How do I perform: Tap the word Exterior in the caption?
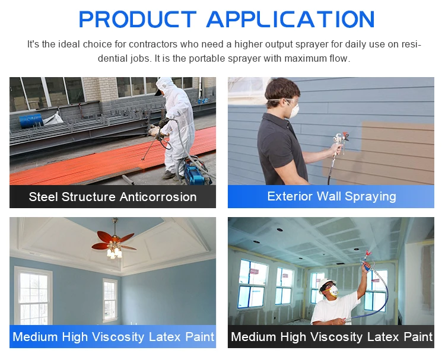coord(291,196)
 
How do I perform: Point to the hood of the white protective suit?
coord(168,87)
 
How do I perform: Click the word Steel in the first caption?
coord(44,196)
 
